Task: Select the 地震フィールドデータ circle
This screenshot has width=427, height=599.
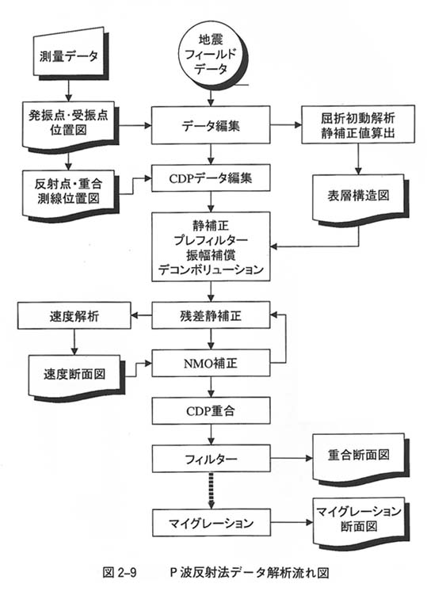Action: pos(211,55)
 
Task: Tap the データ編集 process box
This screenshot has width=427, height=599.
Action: pos(211,125)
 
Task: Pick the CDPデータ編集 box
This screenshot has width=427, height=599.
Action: pos(211,178)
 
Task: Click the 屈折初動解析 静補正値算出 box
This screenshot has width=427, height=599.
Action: pos(358,125)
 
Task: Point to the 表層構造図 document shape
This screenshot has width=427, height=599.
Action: pos(358,199)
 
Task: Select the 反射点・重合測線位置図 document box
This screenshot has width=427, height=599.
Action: pos(69,193)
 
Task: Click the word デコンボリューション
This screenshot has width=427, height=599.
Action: pos(211,269)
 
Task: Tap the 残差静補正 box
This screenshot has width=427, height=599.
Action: pos(211,315)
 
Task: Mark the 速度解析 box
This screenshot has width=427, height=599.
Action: pos(74,315)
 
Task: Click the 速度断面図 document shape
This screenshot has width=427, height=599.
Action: pos(74,376)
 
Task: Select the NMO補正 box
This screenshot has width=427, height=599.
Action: pos(211,363)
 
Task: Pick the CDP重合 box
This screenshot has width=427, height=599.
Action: pos(211,410)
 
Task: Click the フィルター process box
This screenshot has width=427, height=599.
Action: pos(211,458)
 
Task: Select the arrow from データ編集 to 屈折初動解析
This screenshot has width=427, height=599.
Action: pos(286,125)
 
